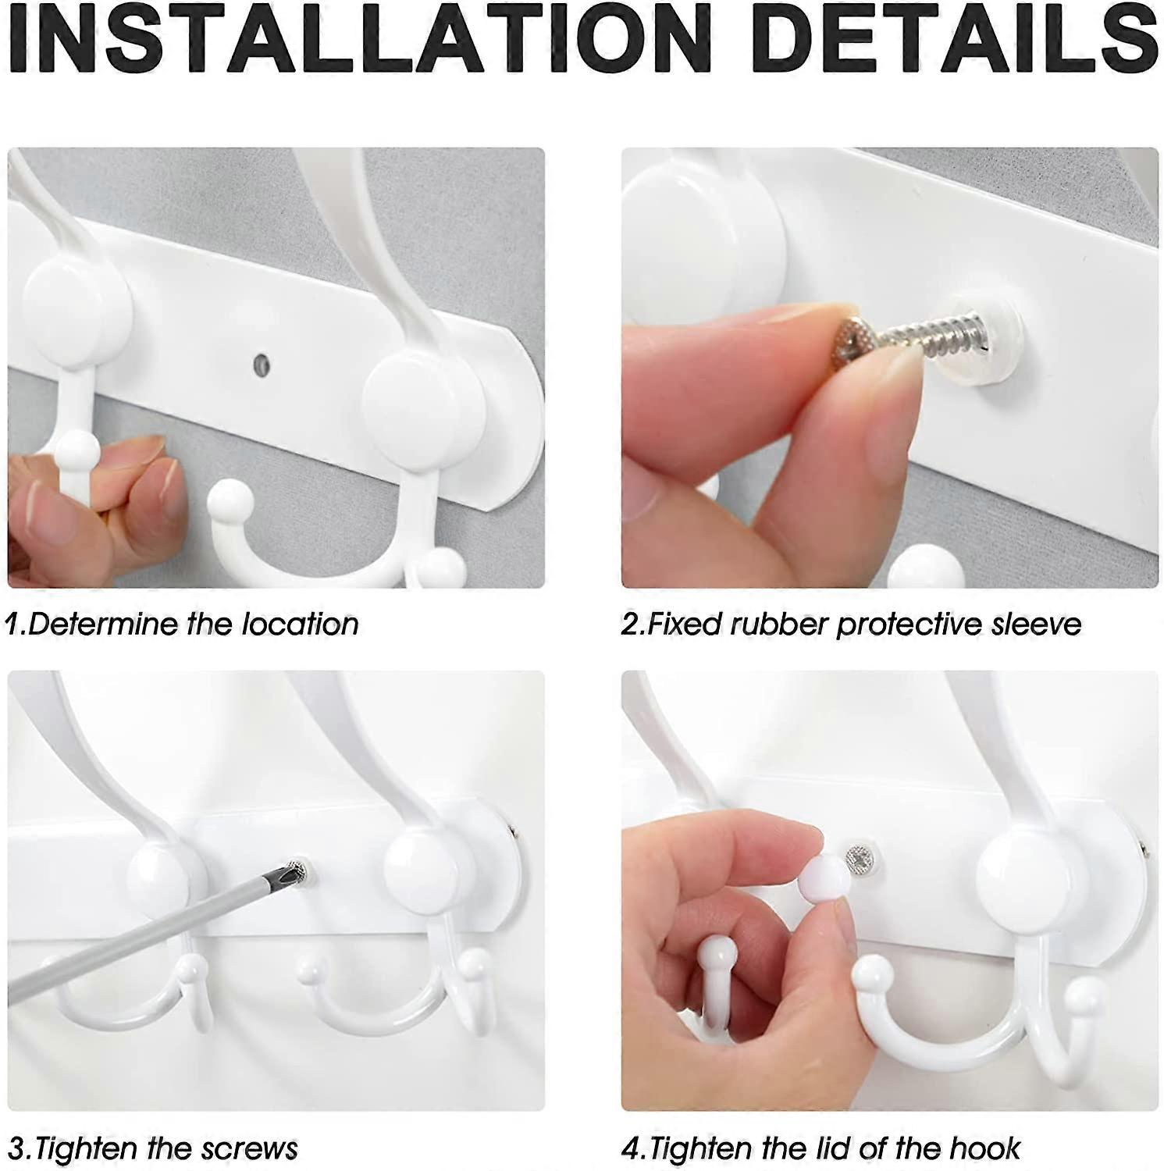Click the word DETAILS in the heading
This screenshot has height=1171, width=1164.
point(957,37)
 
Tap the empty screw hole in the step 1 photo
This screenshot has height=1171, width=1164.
point(261,362)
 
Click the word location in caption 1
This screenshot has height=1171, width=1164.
point(300,623)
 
